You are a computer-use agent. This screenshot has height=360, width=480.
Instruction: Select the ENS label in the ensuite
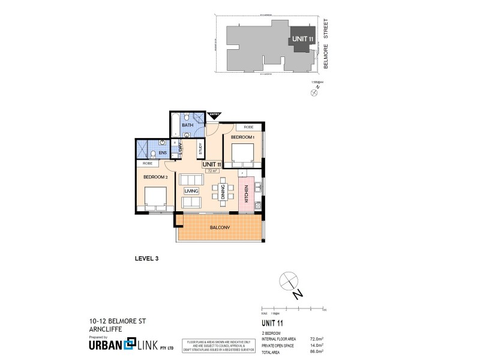pyautogui.click(x=162, y=153)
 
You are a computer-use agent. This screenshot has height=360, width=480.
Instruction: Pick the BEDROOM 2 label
pyautogui.click(x=155, y=177)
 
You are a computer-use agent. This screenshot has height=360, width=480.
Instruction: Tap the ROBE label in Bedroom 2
pyautogui.click(x=148, y=163)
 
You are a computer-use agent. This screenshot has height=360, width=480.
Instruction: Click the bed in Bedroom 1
pyautogui.click(x=241, y=157)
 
